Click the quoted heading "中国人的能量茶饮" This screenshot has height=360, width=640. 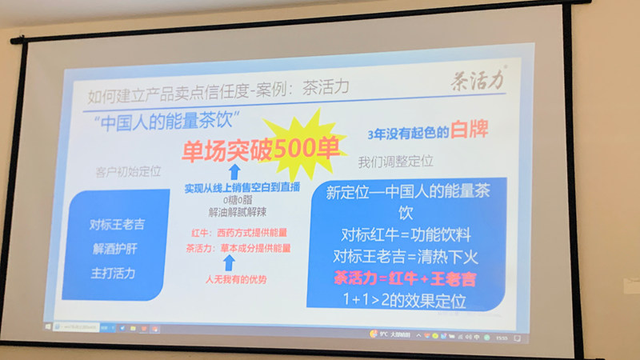tap(170, 125)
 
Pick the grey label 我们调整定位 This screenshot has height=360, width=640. tap(395, 162)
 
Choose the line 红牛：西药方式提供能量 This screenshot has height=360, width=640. tap(237, 234)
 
